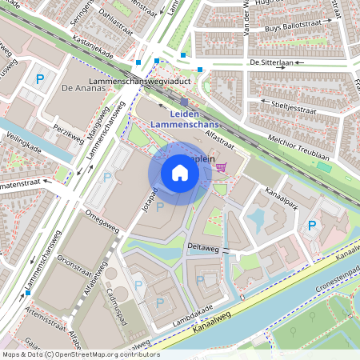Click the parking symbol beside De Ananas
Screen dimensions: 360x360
40,79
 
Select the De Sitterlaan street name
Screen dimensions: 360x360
271,61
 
